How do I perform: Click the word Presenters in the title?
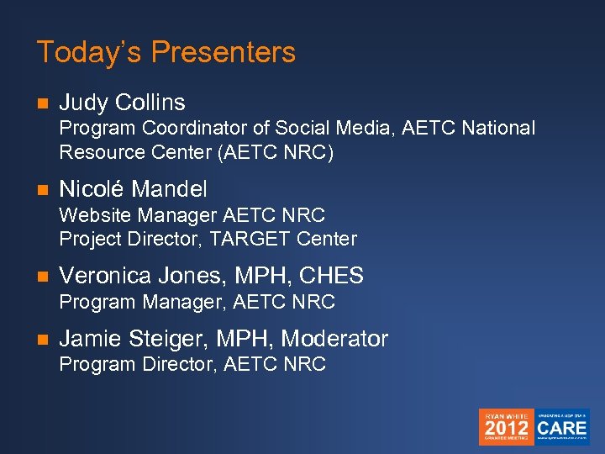(x=224, y=52)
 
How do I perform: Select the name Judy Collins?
(x=122, y=103)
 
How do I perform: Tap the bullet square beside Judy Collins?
(x=43, y=103)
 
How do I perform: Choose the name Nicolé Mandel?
(x=133, y=189)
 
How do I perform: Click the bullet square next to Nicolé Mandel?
(x=43, y=190)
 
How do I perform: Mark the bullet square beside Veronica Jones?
(x=43, y=277)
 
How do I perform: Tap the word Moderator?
(x=334, y=339)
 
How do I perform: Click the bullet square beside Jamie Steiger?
(x=43, y=340)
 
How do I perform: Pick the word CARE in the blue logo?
(x=562, y=427)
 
